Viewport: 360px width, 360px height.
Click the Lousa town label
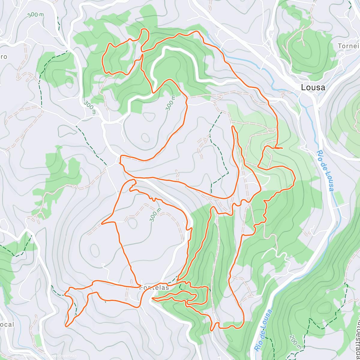click(313, 87)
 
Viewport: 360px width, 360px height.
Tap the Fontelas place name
click(154, 287)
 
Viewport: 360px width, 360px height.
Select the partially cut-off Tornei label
click(348, 46)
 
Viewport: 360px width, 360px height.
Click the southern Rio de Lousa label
click(264, 330)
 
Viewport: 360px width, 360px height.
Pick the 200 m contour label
click(295, 342)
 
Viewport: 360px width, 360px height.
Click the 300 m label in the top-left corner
click(35, 14)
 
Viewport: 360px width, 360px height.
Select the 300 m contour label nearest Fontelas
click(156, 215)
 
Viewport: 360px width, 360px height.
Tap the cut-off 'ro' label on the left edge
click(4, 57)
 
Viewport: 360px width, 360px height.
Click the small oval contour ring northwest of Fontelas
click(95, 250)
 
